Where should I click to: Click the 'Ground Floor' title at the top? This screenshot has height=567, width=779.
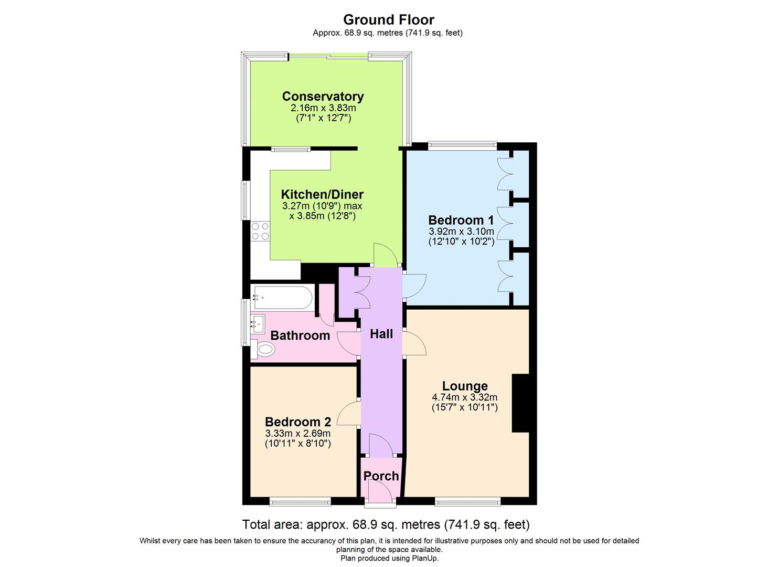[x=389, y=20]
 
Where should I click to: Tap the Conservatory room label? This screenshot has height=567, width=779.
[x=323, y=97]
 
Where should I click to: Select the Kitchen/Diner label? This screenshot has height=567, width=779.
[x=322, y=194]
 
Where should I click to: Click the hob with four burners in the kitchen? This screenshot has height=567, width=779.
[x=260, y=232]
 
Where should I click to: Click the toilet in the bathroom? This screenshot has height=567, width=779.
[x=264, y=349]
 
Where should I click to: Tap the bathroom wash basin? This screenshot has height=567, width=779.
[x=257, y=322]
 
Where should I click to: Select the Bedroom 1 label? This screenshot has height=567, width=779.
[x=461, y=220]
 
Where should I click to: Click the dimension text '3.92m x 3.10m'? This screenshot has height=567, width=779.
[x=461, y=232]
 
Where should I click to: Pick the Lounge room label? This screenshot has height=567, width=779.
[x=465, y=386]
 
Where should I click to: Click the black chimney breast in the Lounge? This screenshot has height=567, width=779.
[x=520, y=403]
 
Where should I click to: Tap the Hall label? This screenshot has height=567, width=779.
[x=381, y=334]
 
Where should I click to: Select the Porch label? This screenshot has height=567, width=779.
[x=381, y=476]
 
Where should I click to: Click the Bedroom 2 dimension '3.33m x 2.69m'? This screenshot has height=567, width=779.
[x=298, y=433]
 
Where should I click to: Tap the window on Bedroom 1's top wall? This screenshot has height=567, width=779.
[x=462, y=144]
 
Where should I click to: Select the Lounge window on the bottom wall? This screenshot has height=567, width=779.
[x=467, y=502]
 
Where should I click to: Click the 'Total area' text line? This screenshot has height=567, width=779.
[x=386, y=524]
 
